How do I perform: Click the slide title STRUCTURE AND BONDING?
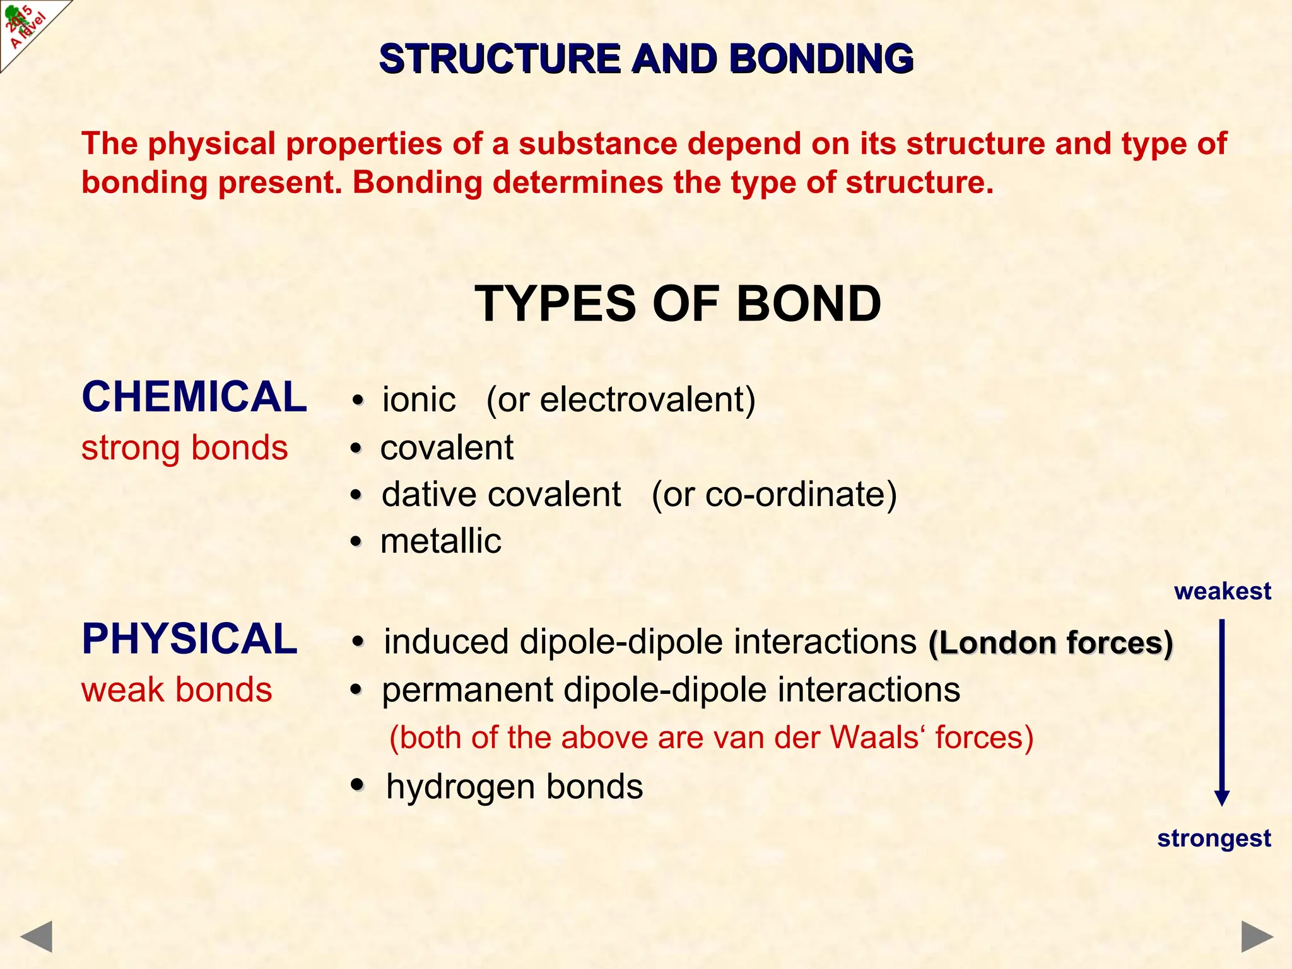pos(646,59)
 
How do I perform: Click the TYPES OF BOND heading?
pos(678,304)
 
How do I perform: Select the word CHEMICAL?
pos(194,397)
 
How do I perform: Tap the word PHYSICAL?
pos(189,639)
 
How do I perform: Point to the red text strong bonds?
pos(184,448)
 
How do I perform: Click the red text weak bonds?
pos(177,690)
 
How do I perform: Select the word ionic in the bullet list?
pos(419,400)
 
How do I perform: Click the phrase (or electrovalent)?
pos(621,400)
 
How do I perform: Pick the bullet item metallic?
pos(440,541)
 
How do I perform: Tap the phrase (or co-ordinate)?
pos(774,494)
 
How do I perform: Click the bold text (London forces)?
pos(1050,643)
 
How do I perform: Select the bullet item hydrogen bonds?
pos(514,787)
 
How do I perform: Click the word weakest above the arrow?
pos(1222,591)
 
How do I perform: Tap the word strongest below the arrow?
pos(1214,838)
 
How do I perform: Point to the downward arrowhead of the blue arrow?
pos(1222,797)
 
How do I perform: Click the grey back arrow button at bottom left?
pos(37,936)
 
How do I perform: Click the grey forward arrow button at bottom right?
pos(1257,936)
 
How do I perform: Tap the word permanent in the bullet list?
pos(467,690)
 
